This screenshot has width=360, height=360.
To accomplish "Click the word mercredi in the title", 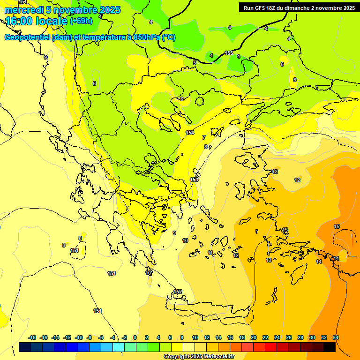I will (23, 10).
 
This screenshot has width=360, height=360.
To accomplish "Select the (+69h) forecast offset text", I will (81, 21).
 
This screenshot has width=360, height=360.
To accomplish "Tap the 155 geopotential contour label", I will (229, 53).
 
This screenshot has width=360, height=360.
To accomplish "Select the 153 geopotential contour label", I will (194, 180).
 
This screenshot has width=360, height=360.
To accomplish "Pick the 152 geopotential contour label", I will (178, 292).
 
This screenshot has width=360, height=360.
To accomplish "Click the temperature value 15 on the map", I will (337, 226).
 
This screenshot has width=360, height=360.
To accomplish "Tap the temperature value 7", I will (203, 137).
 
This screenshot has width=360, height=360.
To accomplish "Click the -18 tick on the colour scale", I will (32, 337).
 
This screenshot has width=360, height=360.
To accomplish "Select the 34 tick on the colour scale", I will (336, 337).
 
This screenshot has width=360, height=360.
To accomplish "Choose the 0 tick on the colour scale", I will (135, 337).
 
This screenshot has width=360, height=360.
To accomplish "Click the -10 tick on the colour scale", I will (79, 337).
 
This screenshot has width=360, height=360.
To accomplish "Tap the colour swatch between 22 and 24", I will (271, 347).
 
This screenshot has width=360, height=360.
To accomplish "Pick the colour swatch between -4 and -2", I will (119, 347).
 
